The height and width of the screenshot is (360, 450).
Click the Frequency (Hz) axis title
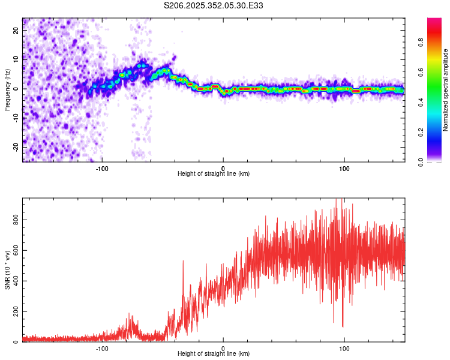click(8, 90)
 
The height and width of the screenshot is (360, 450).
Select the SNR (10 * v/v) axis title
click(8, 270)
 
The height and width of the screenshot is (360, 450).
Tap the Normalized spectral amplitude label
click(446, 90)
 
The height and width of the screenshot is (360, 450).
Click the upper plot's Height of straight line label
click(214, 173)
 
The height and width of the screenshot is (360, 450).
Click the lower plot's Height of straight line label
click(214, 353)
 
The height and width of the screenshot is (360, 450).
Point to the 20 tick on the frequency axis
click(16, 31)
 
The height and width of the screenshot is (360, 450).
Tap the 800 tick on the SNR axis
click(16, 220)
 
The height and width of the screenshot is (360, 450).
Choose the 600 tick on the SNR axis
click(16, 251)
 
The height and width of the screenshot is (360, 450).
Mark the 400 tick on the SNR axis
click(16, 281)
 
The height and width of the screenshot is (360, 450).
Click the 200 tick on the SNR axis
click(16, 312)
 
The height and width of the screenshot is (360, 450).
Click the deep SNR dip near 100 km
click(343, 326)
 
